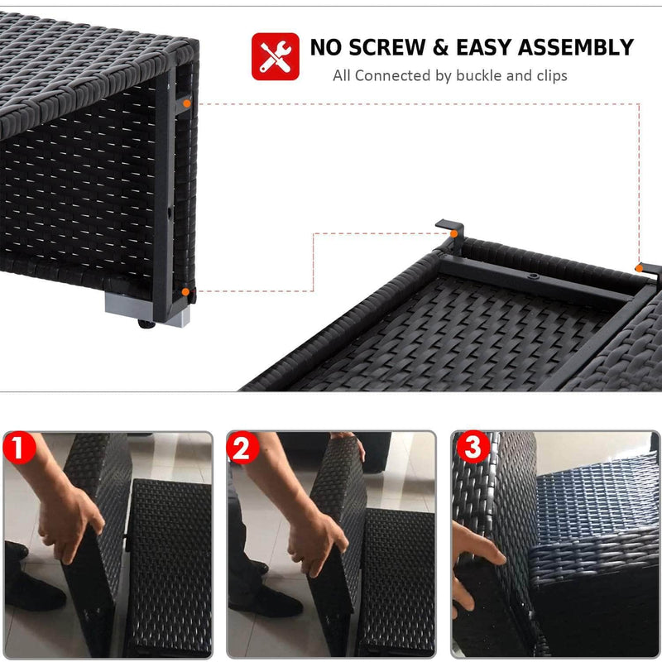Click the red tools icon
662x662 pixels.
(276, 56)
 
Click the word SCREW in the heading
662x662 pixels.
(386, 47)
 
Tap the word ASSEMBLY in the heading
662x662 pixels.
(576, 47)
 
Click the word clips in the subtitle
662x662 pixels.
(552, 76)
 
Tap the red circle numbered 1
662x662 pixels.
(19, 448)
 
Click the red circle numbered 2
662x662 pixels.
(242, 448)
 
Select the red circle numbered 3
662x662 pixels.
(473, 447)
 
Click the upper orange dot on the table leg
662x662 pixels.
(187, 103)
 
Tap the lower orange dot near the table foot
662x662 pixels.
(185, 292)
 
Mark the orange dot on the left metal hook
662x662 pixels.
(453, 233)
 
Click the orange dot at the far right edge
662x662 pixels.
(639, 268)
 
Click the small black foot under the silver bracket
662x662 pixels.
(146, 324)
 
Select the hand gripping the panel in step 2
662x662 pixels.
(319, 544)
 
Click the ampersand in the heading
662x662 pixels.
(440, 47)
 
